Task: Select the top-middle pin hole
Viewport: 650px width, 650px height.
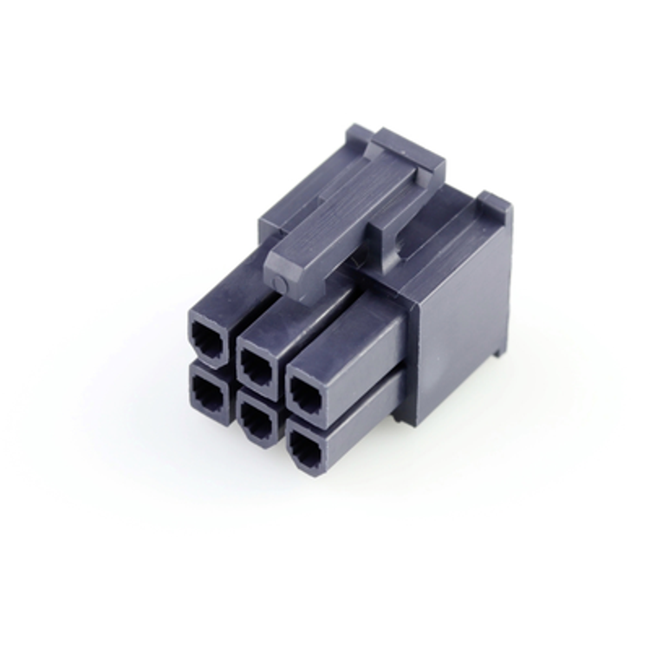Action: coord(257,362)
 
